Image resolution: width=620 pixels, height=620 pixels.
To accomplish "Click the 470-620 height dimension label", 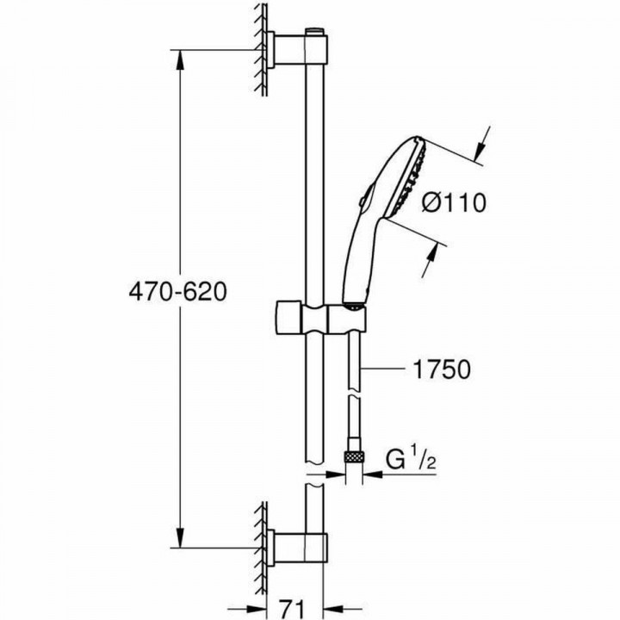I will click(177, 292).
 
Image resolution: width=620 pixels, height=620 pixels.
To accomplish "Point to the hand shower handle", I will click(356, 267).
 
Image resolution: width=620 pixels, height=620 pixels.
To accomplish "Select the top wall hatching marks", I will click(258, 47).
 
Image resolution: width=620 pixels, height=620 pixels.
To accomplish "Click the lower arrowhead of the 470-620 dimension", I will click(179, 538).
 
